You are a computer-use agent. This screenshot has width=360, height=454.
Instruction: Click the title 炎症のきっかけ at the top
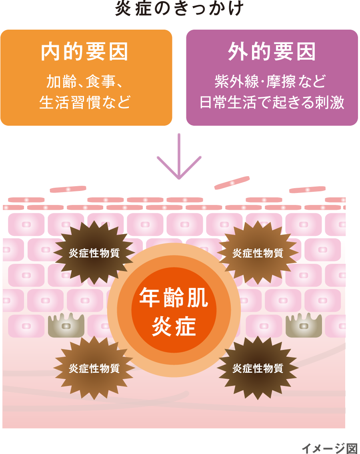(179, 8)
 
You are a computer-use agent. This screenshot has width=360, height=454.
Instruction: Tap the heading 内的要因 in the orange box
(85, 52)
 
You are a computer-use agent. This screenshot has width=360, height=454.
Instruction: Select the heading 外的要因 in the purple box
(272, 52)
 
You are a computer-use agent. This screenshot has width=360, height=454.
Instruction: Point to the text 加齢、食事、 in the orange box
(85, 82)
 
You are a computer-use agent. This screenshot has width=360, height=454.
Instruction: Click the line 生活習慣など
(85, 102)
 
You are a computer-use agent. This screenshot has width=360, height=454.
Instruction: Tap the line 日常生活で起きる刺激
(272, 102)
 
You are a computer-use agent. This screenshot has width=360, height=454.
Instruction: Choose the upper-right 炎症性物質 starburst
(258, 253)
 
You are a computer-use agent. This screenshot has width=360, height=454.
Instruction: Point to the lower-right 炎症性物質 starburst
(258, 368)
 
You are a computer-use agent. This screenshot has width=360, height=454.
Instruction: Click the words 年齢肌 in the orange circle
(174, 299)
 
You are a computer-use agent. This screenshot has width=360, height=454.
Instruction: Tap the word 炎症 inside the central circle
(174, 326)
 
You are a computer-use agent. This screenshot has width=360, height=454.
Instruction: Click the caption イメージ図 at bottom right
(329, 448)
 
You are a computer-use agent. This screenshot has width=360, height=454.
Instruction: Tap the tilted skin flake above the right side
(232, 183)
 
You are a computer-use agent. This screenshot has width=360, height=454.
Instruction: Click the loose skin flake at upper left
(68, 189)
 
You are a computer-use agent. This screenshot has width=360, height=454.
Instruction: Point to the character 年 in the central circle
(150, 299)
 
